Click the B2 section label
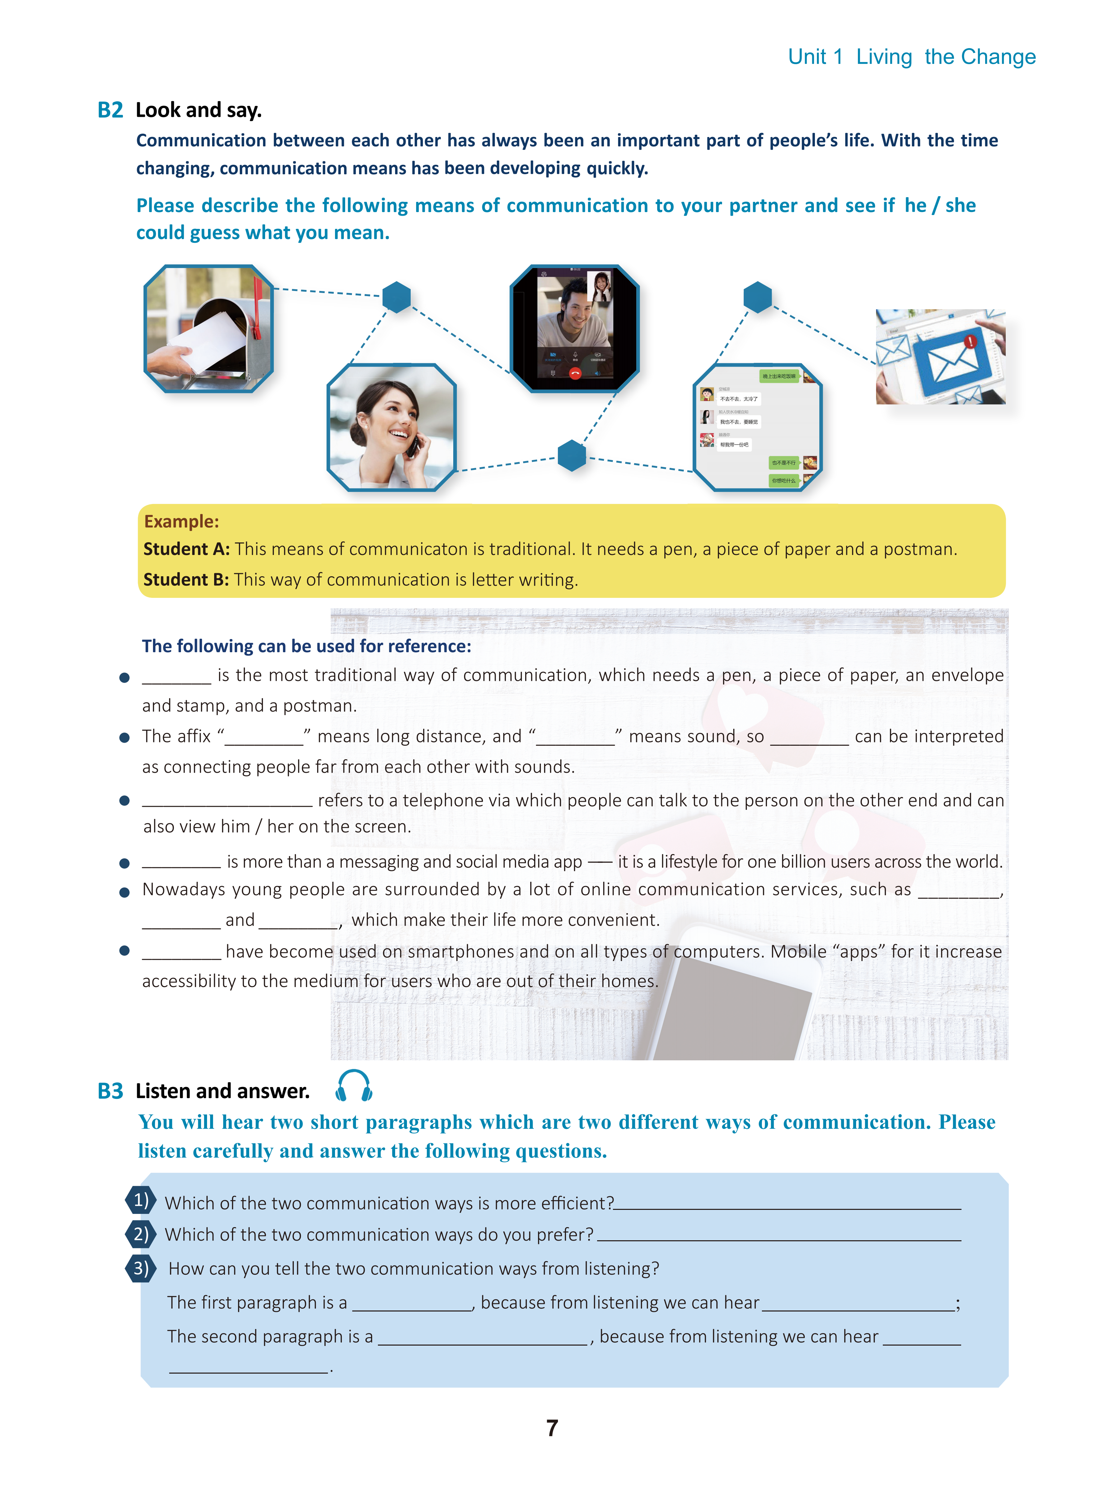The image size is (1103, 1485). [110, 110]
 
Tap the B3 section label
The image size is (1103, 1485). [110, 1091]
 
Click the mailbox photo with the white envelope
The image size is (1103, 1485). [208, 328]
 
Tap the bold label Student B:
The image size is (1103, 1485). [186, 579]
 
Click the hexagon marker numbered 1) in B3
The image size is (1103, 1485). [140, 1201]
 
